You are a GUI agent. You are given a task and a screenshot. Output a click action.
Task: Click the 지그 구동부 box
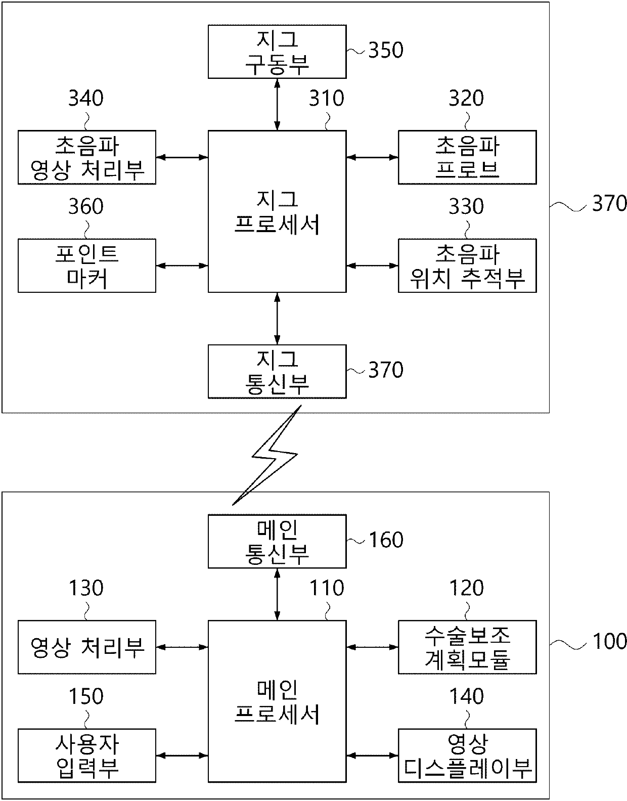(277, 52)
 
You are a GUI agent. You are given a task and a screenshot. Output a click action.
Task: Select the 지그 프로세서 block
(277, 211)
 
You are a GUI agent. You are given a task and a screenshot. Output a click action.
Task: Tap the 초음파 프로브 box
(467, 157)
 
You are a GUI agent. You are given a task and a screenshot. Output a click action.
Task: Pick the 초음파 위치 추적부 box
(467, 265)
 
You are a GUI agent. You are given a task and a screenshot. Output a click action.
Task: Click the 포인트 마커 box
(86, 265)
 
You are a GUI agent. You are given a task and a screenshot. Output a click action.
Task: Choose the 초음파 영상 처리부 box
(86, 157)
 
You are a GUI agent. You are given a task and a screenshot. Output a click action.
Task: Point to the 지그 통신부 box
(277, 371)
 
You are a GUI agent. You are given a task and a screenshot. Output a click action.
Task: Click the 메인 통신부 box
(277, 541)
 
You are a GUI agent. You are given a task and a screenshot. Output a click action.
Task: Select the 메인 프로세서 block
(277, 701)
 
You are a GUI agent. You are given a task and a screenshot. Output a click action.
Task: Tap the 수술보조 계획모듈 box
(467, 647)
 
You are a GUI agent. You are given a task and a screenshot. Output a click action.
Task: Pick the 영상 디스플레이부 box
(467, 755)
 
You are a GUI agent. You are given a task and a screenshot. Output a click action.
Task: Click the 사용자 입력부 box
(86, 755)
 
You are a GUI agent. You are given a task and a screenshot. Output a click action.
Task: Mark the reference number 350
(386, 51)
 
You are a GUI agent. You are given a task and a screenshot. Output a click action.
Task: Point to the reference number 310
(327, 99)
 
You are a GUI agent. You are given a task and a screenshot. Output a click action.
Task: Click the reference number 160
(386, 540)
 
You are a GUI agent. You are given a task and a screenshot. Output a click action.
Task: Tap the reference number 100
(609, 641)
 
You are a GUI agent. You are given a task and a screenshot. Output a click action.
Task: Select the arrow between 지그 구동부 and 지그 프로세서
(277, 104)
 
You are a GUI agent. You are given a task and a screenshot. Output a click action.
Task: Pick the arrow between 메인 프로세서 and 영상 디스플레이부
(372, 755)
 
